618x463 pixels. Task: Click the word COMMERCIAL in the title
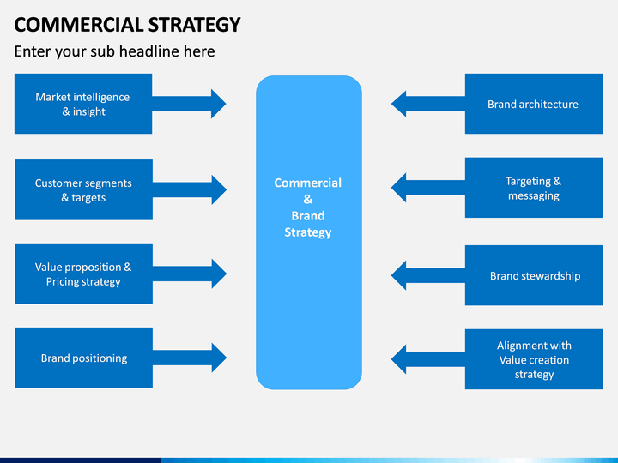pos(79,25)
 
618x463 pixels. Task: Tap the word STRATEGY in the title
pos(194,25)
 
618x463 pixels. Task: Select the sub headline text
pos(115,51)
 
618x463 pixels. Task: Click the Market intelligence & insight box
pos(83,104)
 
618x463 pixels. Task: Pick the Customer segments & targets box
pos(83,189)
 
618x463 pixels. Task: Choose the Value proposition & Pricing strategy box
pos(83,274)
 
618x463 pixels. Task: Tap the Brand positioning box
pos(83,358)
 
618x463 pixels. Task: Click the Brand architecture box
pos(534,104)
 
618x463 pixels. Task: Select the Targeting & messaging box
pos(534,188)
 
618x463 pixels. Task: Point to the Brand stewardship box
pos(534,275)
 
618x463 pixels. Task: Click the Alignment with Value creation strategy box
pos(534,359)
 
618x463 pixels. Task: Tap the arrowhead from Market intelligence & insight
pos(219,104)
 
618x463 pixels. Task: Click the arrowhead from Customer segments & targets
pos(219,189)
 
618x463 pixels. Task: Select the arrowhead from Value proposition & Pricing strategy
pos(219,274)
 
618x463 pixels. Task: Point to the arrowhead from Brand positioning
pos(219,358)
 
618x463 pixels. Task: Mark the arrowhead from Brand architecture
pos(398,104)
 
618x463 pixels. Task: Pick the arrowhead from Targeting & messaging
pos(398,188)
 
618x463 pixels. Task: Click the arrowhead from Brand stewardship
pos(398,275)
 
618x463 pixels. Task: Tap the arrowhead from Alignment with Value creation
pos(398,359)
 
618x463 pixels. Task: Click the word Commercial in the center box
pos(308,183)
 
